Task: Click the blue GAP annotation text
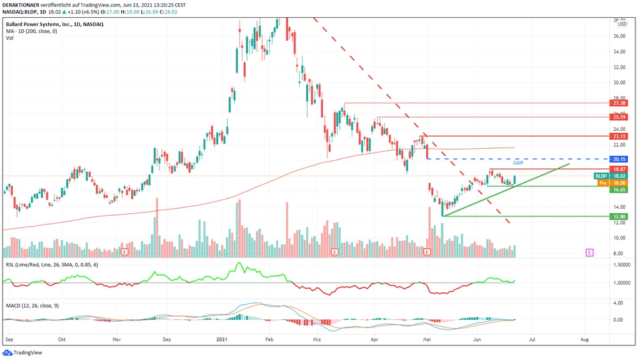tap(518, 163)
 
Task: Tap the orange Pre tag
tap(602, 183)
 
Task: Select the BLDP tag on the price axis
tap(601, 176)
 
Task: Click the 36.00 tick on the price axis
tap(619, 36)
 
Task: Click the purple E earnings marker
tap(590, 253)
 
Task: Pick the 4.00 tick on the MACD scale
tap(619, 303)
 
